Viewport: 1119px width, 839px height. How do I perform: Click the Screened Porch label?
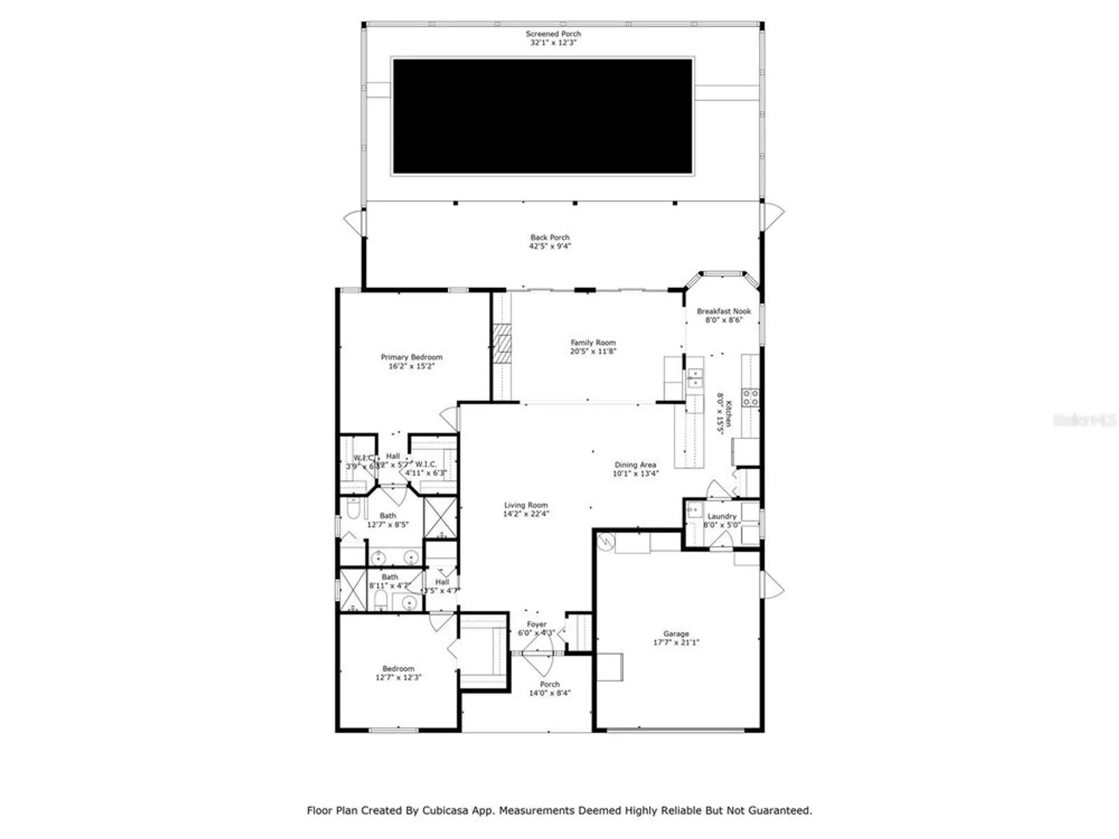tap(553, 34)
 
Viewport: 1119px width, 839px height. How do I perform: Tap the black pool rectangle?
tap(543, 116)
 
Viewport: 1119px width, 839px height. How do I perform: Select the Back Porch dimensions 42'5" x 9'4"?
tap(550, 246)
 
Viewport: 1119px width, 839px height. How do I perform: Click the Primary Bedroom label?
tap(411, 357)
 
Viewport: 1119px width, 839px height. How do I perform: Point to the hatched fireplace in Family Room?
tap(502, 343)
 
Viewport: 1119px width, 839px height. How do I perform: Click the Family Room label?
tap(593, 343)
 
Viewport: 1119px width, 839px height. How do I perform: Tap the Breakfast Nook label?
tap(723, 312)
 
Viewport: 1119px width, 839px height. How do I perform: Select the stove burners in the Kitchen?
tap(750, 398)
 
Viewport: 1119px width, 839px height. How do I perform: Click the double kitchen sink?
tap(695, 378)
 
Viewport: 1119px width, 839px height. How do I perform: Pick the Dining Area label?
tap(635, 465)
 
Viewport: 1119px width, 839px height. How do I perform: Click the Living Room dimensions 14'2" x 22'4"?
tap(526, 514)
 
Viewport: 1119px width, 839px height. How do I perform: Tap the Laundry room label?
tap(722, 516)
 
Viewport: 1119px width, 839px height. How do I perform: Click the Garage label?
tap(676, 634)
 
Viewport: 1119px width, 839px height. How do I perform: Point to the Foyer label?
tap(536, 624)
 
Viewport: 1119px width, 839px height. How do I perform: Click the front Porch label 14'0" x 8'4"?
tap(549, 685)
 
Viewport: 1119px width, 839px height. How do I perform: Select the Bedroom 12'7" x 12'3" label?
tap(398, 669)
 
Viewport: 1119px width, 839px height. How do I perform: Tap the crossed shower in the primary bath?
tap(440, 517)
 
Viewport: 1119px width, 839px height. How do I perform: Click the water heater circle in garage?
tap(606, 541)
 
